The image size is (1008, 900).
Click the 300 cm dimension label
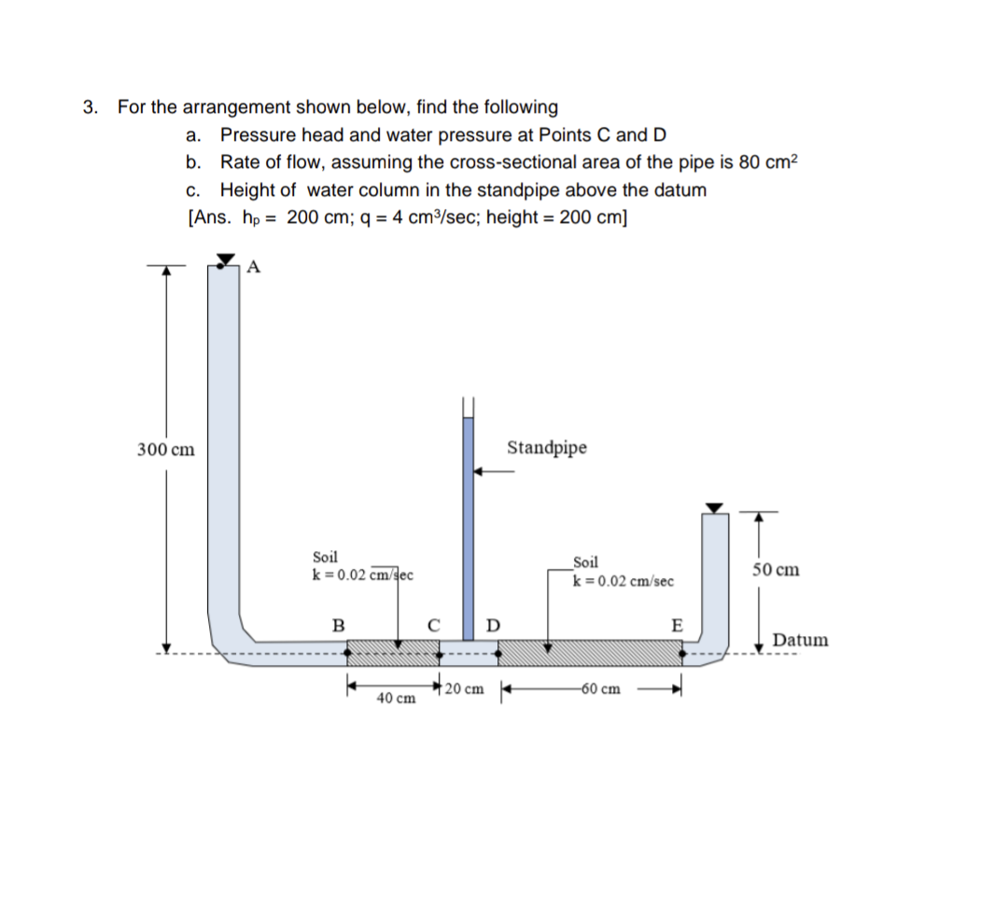coord(166,450)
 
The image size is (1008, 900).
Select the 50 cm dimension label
coord(774,570)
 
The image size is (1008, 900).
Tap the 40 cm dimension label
coord(396,699)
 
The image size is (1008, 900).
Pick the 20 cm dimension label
coord(465,690)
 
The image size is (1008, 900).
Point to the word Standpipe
coord(547,448)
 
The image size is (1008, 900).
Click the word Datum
coord(800,640)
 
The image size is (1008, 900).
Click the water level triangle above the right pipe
coord(714,508)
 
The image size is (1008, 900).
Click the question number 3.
coord(91,106)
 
